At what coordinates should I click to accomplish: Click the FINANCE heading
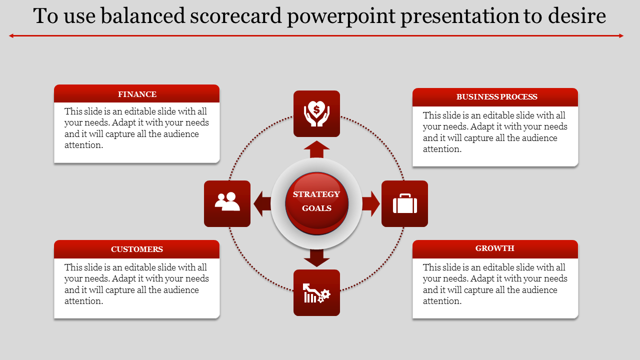[137, 94]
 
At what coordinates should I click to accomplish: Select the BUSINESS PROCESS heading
[497, 97]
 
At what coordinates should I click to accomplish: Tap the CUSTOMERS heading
[137, 249]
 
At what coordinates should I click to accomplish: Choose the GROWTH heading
[495, 248]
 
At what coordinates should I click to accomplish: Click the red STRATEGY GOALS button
[316, 203]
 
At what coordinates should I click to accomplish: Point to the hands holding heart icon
[316, 113]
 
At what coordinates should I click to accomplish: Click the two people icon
[227, 201]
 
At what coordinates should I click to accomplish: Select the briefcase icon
[405, 203]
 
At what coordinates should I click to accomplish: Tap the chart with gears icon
[316, 293]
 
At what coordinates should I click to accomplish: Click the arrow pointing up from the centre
[316, 149]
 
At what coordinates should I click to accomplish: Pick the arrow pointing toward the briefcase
[371, 203]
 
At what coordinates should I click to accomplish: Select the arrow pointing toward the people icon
[262, 203]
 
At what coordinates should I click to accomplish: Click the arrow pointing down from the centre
[316, 258]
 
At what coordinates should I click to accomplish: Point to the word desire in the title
[577, 15]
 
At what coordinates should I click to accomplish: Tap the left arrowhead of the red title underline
[11, 35]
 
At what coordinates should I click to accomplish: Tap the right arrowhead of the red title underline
[621, 35]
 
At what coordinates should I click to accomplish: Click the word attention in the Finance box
[83, 145]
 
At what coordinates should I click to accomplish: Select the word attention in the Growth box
[442, 301]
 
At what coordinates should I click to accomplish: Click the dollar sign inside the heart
[316, 109]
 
